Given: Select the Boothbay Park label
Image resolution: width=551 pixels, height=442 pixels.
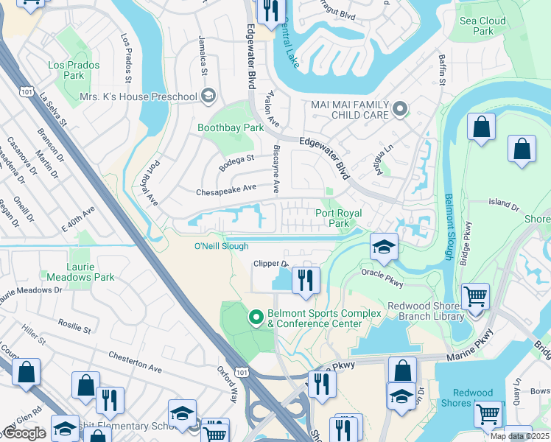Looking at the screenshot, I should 230,127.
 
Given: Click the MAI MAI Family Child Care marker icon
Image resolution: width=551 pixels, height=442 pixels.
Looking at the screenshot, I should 400,110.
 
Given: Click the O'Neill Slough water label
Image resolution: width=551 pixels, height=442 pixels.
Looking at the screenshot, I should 221,246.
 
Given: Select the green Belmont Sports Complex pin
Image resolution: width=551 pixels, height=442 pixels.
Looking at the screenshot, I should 256,318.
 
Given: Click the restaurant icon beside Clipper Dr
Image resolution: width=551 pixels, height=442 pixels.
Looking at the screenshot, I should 304,280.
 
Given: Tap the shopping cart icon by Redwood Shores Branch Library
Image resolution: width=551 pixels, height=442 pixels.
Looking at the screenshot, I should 475,297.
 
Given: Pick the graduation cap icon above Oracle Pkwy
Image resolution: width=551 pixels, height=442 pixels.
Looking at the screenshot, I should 384,247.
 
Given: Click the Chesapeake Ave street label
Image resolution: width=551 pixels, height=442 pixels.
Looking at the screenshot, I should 226,190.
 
